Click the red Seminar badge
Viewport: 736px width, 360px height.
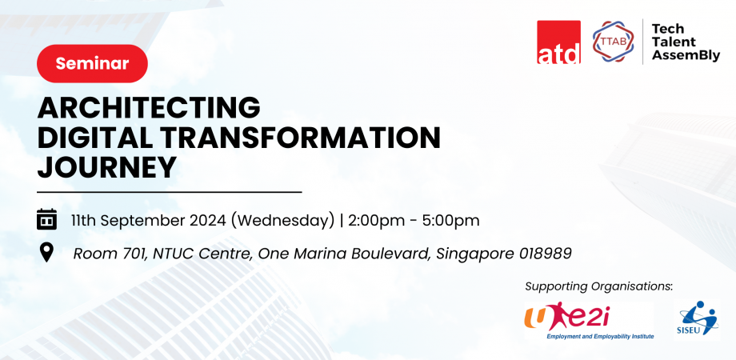[92, 63]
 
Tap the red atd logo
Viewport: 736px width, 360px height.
[558, 42]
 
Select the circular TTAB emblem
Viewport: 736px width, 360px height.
[613, 42]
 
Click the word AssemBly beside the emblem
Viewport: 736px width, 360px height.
[686, 55]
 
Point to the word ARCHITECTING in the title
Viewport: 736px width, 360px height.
[149, 107]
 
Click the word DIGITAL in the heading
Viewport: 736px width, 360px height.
[90, 138]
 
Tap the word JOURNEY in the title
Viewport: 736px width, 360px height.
[107, 167]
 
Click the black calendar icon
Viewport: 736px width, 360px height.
[46, 219]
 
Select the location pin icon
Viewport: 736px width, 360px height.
[46, 253]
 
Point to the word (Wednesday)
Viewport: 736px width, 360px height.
[282, 221]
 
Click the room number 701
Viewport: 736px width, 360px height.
[124, 254]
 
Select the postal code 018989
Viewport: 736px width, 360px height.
[545, 254]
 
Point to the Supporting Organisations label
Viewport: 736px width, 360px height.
[598, 286]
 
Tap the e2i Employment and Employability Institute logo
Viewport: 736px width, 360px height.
[589, 321]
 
